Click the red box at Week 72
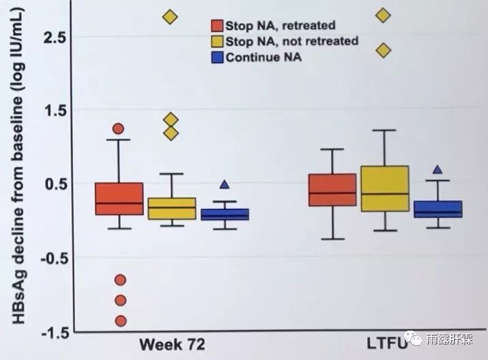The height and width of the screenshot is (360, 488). pyautogui.click(x=119, y=199)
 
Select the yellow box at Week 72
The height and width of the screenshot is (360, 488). pyautogui.click(x=171, y=208)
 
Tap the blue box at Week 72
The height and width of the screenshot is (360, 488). pyautogui.click(x=224, y=214)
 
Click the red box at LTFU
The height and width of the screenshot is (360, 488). pyautogui.click(x=332, y=190)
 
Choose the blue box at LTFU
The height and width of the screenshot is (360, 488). pyautogui.click(x=438, y=209)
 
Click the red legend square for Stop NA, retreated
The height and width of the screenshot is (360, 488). pyautogui.click(x=216, y=26)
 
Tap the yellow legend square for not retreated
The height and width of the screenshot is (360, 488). pyautogui.click(x=216, y=42)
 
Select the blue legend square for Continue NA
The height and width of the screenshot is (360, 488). pyautogui.click(x=216, y=57)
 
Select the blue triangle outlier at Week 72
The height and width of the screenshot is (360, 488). pyautogui.click(x=224, y=184)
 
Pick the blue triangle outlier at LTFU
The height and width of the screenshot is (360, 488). pyautogui.click(x=438, y=169)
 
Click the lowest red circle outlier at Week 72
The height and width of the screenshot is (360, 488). pyautogui.click(x=121, y=320)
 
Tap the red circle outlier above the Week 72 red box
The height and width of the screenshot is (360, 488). pyautogui.click(x=118, y=128)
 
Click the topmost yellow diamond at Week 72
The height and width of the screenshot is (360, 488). pyautogui.click(x=170, y=17)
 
